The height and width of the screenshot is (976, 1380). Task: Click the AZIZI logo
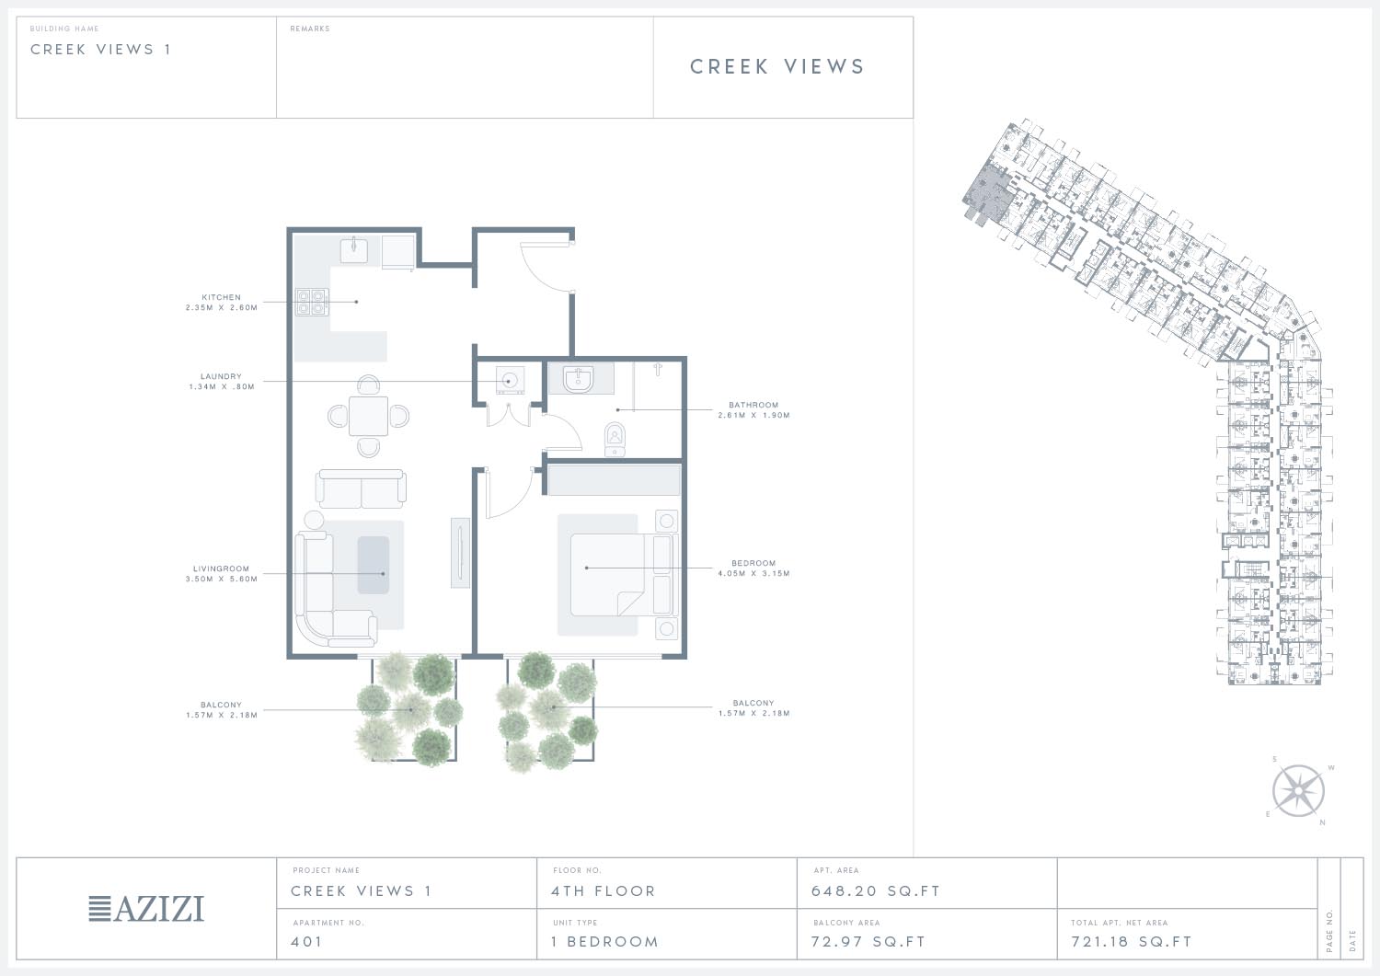(146, 908)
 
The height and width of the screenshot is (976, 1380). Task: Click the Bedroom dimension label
(753, 573)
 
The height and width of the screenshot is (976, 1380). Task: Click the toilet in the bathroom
(615, 439)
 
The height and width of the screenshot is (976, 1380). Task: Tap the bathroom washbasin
(579, 379)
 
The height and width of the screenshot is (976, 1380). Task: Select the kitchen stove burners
(311, 302)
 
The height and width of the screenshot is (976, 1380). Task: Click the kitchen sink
(354, 249)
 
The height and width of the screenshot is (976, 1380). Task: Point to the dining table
(368, 417)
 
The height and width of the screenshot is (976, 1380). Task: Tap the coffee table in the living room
(374, 565)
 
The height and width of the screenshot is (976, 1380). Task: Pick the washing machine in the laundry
(510, 382)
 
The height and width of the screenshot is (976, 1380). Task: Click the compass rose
(1298, 790)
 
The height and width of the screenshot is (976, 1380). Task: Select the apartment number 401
(306, 941)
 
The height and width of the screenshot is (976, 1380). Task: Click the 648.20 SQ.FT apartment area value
(876, 891)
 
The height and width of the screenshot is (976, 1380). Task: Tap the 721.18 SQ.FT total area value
(1131, 941)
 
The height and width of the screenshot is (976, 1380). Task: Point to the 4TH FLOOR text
(604, 891)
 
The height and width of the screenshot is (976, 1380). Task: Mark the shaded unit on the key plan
(984, 193)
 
